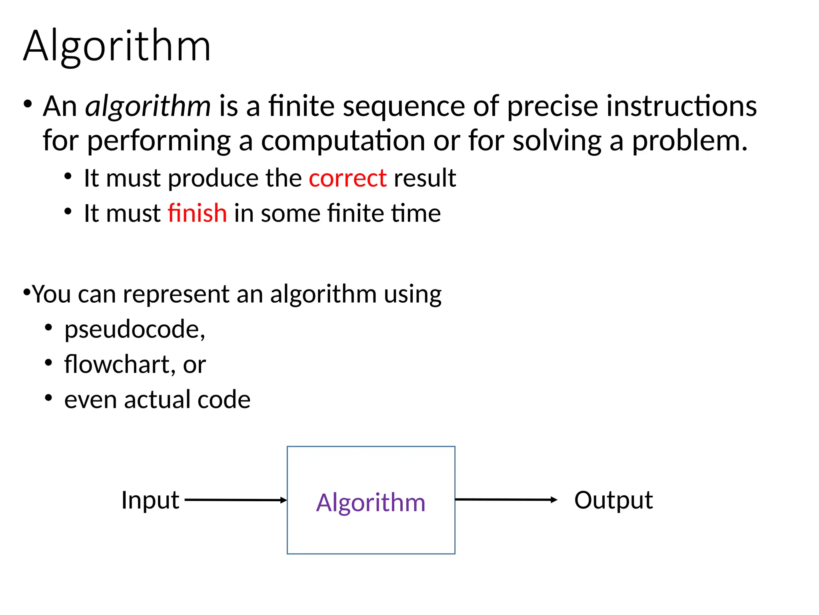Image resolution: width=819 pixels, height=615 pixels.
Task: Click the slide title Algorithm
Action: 117,46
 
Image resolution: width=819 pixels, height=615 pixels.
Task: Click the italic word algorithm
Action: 148,106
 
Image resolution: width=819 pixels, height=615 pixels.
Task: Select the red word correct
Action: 348,178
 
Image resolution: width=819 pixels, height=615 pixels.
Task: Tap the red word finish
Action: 197,213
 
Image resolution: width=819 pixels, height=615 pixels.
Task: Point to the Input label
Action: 150,500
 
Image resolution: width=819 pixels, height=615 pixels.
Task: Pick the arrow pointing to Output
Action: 506,499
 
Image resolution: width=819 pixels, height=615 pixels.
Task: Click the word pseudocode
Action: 134,329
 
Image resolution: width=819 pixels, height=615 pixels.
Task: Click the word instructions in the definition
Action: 681,106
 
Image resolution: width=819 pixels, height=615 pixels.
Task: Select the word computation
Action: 343,141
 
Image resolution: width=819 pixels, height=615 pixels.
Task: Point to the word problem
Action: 689,141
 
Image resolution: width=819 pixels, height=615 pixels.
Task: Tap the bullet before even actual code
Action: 48,398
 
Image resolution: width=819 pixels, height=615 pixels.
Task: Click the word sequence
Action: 404,106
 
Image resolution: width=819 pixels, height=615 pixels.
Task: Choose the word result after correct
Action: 425,178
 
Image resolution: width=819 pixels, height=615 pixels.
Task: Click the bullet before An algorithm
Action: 27,104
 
